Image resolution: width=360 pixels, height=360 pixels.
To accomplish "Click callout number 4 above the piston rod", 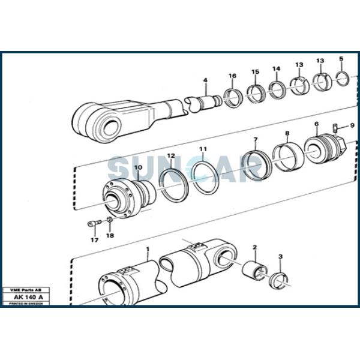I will (205, 80).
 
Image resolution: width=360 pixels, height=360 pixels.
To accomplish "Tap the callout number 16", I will (232, 76).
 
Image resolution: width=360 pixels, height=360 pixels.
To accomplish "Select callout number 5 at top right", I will (341, 59).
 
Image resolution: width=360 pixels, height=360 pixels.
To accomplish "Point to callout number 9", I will (352, 125).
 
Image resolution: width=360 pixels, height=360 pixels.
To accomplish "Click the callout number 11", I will (203, 149).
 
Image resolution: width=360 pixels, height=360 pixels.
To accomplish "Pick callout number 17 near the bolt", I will (94, 240).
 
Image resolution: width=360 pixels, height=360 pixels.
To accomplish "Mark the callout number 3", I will (280, 257).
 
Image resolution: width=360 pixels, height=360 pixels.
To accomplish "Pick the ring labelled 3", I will (278, 279).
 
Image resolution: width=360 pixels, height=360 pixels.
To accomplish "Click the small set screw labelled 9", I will (337, 126).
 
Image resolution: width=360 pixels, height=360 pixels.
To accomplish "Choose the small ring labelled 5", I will (342, 77).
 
